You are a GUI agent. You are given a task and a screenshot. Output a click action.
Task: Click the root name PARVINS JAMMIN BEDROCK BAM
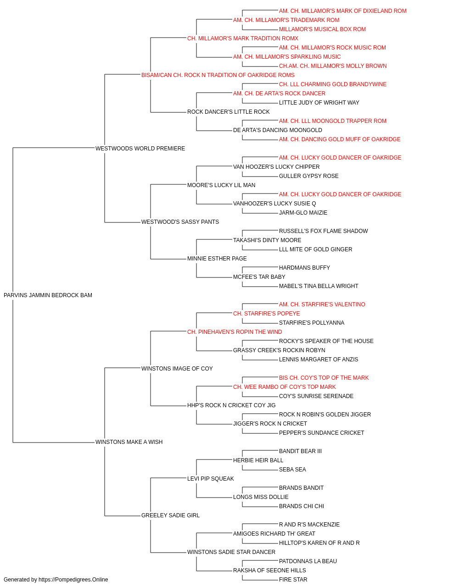click(x=48, y=295)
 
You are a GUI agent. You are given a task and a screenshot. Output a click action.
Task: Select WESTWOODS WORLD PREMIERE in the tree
click(x=140, y=149)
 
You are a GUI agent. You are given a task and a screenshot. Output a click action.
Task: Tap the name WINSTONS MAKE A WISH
click(x=129, y=442)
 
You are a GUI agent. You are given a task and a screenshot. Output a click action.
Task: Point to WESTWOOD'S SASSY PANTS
click(x=180, y=222)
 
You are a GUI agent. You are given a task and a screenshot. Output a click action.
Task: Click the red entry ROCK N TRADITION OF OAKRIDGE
click(x=234, y=75)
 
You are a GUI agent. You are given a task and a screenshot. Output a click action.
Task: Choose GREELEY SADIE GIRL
click(x=170, y=515)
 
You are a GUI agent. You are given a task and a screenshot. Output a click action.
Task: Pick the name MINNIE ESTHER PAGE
click(x=217, y=259)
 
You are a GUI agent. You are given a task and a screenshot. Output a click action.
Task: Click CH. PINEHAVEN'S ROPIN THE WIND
click(x=235, y=332)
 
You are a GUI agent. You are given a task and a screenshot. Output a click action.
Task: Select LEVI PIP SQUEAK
click(x=210, y=479)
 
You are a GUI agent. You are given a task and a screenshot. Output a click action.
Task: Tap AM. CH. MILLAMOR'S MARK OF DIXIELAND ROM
click(x=342, y=11)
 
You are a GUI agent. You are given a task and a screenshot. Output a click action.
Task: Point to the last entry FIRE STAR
click(x=293, y=580)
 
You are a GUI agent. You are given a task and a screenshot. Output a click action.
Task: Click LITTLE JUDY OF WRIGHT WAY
click(x=319, y=103)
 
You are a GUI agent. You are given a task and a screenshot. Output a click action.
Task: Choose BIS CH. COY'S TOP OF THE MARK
click(x=324, y=378)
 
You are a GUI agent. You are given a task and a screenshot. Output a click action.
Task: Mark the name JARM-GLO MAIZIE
click(x=303, y=213)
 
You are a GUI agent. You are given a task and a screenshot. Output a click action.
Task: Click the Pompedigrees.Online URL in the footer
click(x=73, y=580)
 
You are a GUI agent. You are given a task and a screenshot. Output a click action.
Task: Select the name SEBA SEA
click(x=292, y=470)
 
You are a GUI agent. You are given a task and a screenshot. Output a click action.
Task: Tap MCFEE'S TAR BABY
click(x=259, y=277)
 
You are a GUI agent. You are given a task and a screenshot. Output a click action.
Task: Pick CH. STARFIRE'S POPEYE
click(x=266, y=314)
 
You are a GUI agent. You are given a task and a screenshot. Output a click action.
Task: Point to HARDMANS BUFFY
click(x=304, y=268)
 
